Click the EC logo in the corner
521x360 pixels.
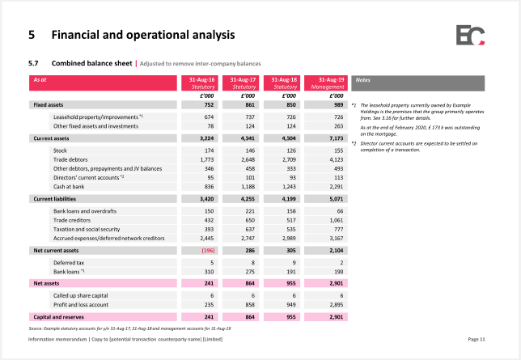[470, 35]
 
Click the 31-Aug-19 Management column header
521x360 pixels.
[326, 83]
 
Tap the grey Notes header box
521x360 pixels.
[418, 83]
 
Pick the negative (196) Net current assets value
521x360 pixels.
[209, 250]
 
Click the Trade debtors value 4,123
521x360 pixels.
[337, 159]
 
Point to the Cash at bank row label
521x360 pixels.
[69, 187]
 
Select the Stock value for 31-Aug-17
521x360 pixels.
[250, 150]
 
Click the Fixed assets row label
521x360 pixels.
[49, 105]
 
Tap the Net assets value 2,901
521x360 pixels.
[337, 283]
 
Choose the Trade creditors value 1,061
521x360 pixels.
[337, 220]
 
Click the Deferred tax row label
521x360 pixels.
[69, 263]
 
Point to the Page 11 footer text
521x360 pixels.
[477, 339]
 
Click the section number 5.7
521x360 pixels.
[33, 63]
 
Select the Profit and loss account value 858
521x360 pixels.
[250, 304]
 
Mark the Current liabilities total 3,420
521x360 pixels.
[206, 199]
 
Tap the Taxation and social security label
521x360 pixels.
[87, 230]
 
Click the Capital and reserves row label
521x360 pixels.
[58, 317]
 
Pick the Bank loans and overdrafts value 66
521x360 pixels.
[340, 211]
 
